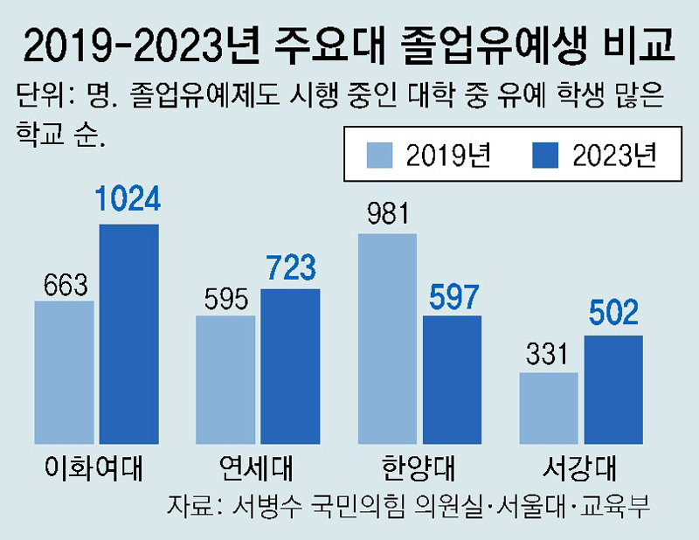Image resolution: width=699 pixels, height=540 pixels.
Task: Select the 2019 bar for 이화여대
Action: pyautogui.click(x=65, y=371)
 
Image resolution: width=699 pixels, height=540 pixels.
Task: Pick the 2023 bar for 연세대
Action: pyautogui.click(x=290, y=364)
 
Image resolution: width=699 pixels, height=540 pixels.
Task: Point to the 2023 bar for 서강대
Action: pyautogui.click(x=612, y=389)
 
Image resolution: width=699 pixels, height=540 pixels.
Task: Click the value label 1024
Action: pyautogui.click(x=128, y=202)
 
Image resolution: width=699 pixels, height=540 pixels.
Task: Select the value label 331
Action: pyautogui.click(x=549, y=355)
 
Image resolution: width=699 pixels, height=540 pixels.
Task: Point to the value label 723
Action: pyautogui.click(x=290, y=268)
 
